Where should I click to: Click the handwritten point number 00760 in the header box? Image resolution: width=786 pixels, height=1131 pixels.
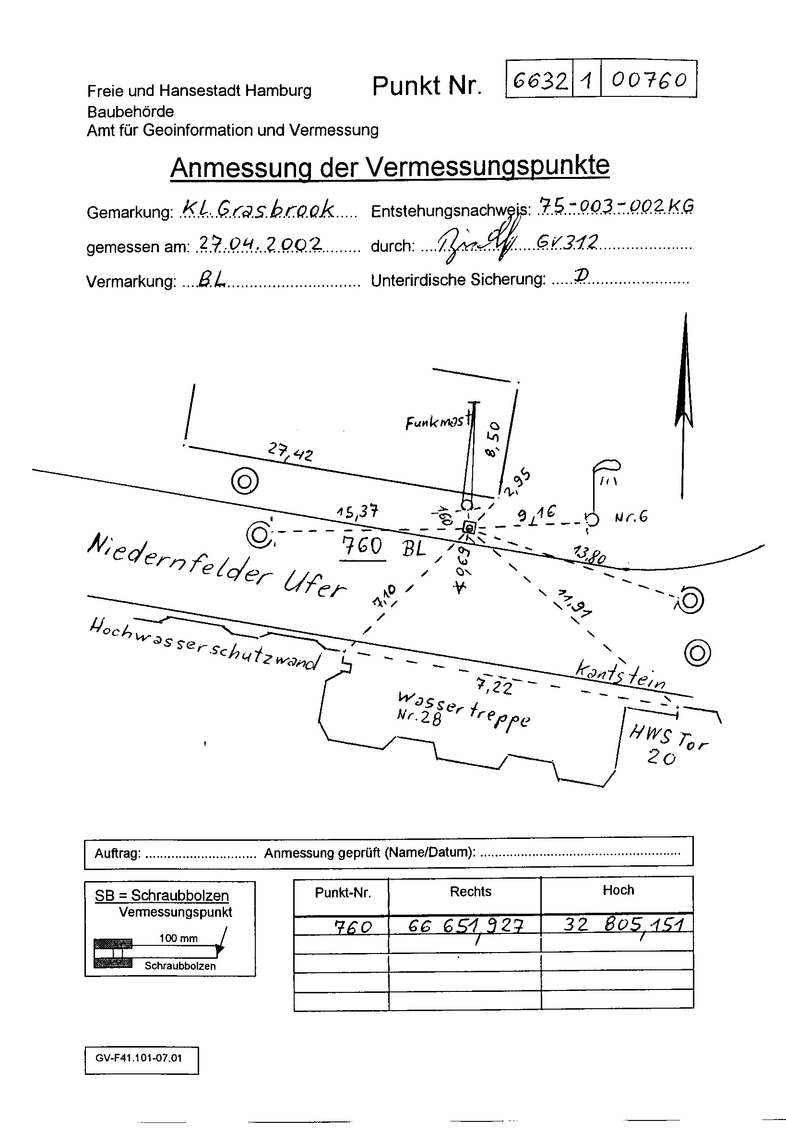click(x=648, y=80)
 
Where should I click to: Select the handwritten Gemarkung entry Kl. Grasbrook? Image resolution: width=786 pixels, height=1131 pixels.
click(x=258, y=209)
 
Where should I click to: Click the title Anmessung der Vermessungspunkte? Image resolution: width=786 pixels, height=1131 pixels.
click(x=390, y=167)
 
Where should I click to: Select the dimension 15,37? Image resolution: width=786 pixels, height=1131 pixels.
click(x=357, y=511)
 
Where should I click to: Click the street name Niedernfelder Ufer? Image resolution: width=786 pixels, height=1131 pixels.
click(x=217, y=566)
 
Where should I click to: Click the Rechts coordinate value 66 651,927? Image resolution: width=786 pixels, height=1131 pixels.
click(x=465, y=926)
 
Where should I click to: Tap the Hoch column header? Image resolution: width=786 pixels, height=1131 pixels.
click(x=618, y=890)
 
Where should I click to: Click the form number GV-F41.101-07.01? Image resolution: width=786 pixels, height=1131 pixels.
click(x=139, y=1058)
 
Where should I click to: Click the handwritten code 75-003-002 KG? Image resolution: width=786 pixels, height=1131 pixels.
click(x=616, y=205)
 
